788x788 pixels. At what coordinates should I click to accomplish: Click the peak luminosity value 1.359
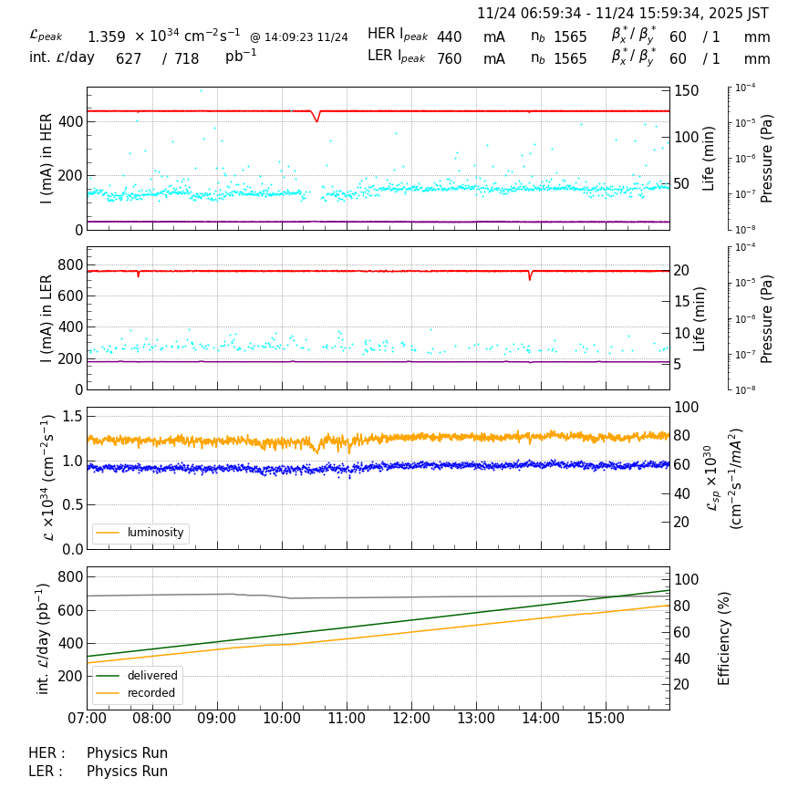tap(107, 37)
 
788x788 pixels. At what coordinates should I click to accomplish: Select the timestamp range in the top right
tap(623, 14)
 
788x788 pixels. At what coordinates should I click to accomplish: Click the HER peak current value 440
tap(449, 37)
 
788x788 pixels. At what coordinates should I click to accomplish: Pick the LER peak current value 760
tap(449, 59)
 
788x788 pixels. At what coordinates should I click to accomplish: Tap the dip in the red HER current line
tap(316, 119)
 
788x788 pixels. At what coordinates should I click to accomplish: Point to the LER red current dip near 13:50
tap(530, 277)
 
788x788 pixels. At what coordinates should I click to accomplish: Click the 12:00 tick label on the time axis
tap(411, 719)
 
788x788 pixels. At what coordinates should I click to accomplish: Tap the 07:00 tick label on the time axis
tap(88, 719)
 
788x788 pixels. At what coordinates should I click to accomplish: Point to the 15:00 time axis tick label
tap(606, 719)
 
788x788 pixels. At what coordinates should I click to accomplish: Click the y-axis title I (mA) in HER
tap(47, 159)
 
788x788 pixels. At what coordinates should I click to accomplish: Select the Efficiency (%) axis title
tap(725, 638)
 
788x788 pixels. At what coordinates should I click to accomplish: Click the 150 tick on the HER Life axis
tap(687, 90)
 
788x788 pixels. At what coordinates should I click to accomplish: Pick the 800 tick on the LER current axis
tap(70, 264)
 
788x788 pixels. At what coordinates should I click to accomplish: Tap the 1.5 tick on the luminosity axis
tap(72, 416)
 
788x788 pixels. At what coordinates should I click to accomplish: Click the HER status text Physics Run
tap(127, 753)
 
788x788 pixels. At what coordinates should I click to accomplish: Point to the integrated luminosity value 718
tap(187, 59)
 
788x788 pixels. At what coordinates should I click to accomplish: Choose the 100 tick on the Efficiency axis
tap(686, 579)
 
